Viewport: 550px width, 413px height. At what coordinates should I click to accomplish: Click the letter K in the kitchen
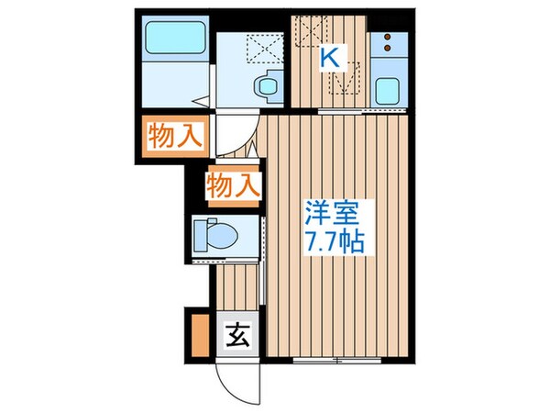[330, 57]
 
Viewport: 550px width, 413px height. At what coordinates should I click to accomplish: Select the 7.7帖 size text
[336, 243]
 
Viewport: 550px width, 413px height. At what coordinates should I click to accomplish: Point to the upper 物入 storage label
[173, 137]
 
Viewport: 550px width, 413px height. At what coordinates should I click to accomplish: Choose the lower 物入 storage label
[232, 185]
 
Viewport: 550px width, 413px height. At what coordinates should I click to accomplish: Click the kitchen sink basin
[388, 90]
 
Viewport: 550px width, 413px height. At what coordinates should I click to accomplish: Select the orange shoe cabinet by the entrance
[199, 336]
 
